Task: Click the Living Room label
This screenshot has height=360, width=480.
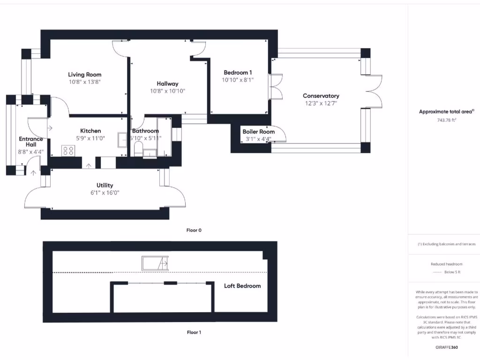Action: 84,75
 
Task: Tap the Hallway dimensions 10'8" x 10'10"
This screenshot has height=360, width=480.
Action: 167,91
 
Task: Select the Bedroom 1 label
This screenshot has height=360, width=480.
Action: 238,73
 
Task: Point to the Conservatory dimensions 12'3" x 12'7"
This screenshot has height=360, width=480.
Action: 321,103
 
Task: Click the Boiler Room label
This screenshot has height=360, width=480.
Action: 258,132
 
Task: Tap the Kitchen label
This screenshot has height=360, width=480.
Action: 90,131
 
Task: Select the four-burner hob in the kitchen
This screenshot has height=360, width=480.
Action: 68,150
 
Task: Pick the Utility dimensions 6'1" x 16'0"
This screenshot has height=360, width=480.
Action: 105,193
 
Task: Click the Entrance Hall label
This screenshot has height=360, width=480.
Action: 30,142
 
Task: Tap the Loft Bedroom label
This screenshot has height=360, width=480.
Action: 242,286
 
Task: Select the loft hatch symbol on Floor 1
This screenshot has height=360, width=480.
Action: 155,263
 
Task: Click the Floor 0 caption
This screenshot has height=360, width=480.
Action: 194,230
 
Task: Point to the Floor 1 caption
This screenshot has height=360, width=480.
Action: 194,332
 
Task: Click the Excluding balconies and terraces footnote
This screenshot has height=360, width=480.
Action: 446,244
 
